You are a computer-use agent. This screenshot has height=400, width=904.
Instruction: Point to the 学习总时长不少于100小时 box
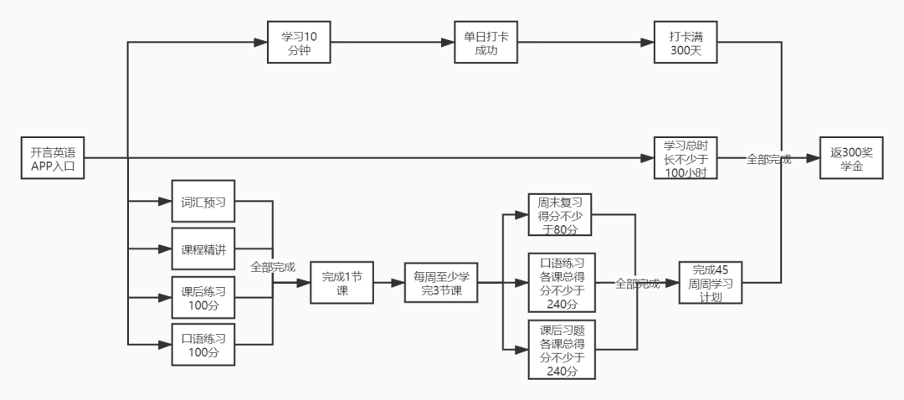[x=686, y=157]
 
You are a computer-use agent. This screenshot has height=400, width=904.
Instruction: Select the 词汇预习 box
[x=203, y=202]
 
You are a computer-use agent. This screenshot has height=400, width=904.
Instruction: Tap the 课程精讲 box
[x=203, y=249]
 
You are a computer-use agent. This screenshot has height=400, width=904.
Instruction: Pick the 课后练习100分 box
[x=203, y=296]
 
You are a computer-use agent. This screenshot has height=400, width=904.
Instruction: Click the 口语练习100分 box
[x=203, y=344]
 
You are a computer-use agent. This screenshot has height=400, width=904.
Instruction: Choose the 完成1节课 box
[x=342, y=283]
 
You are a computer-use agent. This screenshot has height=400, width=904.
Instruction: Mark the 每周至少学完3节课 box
[x=439, y=283]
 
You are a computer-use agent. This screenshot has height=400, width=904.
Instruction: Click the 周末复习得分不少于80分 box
[x=561, y=215]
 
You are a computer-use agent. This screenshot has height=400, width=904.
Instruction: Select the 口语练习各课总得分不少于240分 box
[x=561, y=283]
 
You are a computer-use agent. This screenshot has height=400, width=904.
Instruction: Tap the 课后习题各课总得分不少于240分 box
[x=561, y=351]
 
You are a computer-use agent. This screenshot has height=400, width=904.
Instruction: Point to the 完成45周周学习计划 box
[x=710, y=283]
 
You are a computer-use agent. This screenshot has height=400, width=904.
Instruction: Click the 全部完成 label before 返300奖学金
[x=768, y=158]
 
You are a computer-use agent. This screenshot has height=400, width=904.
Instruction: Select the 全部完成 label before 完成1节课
[x=273, y=267]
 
